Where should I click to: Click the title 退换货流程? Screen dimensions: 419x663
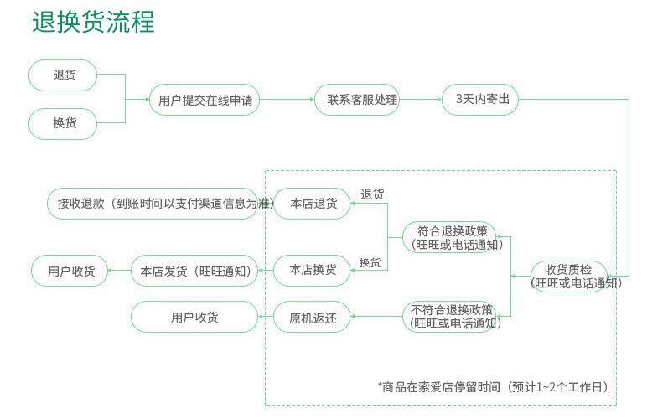(x=93, y=22)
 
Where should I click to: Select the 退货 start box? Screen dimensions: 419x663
(x=64, y=75)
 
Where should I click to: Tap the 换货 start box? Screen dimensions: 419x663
(x=64, y=123)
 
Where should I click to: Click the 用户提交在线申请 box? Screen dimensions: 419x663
(x=205, y=100)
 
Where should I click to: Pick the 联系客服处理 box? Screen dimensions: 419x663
(x=356, y=100)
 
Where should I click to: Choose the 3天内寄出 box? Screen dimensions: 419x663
(x=481, y=100)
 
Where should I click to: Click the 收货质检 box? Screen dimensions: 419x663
(x=568, y=275)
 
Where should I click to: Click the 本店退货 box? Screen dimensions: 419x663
(x=312, y=203)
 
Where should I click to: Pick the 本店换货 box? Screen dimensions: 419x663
(x=312, y=270)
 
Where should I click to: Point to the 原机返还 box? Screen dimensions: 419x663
(x=312, y=318)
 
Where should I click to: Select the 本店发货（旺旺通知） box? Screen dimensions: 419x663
(x=194, y=271)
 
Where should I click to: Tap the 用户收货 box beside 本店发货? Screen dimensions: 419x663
(x=70, y=271)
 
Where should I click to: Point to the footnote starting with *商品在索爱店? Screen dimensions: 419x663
(x=495, y=386)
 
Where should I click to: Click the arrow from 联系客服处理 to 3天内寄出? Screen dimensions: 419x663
(x=420, y=100)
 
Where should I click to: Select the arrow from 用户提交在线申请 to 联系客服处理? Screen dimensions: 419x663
(x=287, y=100)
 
